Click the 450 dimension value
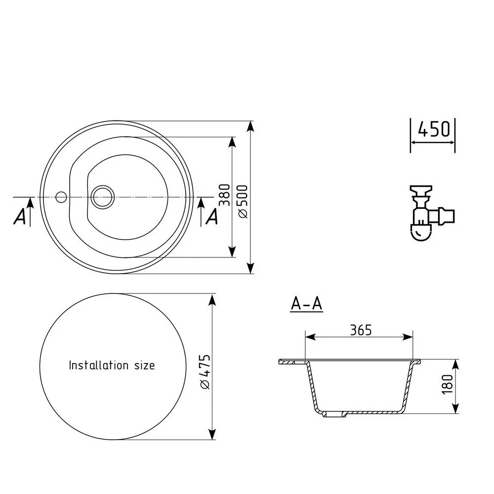click(x=434, y=129)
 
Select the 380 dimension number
click(x=225, y=195)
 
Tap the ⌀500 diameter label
click(x=243, y=202)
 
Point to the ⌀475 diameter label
click(x=205, y=372)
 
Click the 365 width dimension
click(x=361, y=330)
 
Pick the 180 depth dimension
click(x=447, y=384)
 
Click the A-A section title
click(x=307, y=304)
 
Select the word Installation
click(x=99, y=365)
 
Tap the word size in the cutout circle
click(x=145, y=366)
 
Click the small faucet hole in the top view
click(x=61, y=197)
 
